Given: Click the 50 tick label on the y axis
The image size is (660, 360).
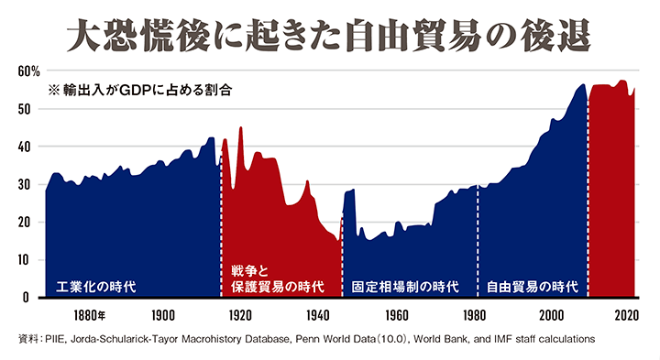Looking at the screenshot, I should pyautogui.click(x=25, y=109).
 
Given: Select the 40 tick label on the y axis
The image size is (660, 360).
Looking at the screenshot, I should pyautogui.click(x=25, y=147).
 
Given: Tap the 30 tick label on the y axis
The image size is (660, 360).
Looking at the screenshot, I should pyautogui.click(x=25, y=184).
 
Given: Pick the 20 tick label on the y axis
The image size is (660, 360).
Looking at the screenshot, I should pyautogui.click(x=25, y=223).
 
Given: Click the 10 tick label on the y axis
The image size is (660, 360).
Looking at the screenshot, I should pyautogui.click(x=25, y=260).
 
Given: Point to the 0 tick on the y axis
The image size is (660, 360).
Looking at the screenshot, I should pyautogui.click(x=28, y=298).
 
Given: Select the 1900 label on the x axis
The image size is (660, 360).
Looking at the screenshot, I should pyautogui.click(x=163, y=316).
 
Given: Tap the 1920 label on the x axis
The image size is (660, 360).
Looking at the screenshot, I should pyautogui.click(x=241, y=316).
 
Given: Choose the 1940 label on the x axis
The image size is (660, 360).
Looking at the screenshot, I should pyautogui.click(x=319, y=316).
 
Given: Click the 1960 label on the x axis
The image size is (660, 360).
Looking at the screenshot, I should pyautogui.click(x=396, y=316).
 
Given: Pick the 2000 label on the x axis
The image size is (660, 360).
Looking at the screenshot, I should pyautogui.click(x=551, y=316).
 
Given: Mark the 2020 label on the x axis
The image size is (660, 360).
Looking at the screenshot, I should pyautogui.click(x=628, y=316).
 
